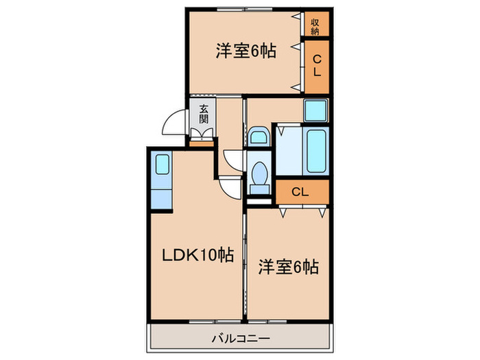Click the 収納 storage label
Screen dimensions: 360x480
[315, 25]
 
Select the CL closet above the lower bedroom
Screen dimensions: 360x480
[301, 191]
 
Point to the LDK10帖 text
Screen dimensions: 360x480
[197, 256]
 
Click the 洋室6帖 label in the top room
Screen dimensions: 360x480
[245, 51]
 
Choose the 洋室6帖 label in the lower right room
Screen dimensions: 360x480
[288, 267]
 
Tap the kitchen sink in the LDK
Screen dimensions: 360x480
[161, 165]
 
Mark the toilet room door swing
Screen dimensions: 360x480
[233, 158]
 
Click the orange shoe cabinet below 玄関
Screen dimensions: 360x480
[202, 143]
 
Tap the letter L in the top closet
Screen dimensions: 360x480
[316, 71]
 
